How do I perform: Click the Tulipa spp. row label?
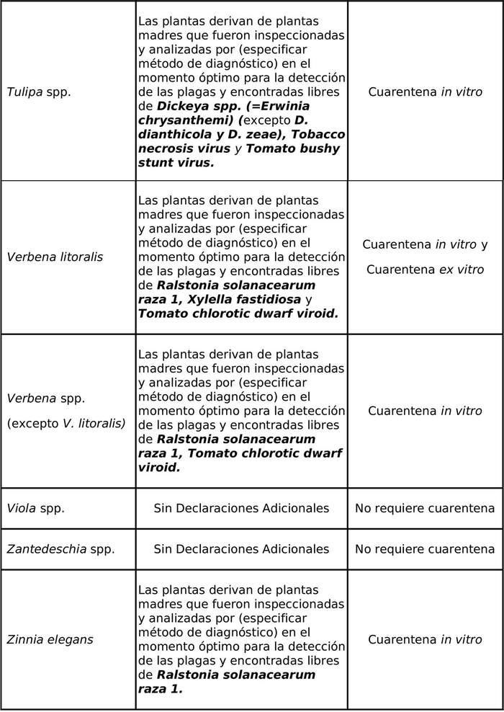pos(39,92)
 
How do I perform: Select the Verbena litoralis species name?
pos(55,257)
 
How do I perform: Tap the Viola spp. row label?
pos(36,508)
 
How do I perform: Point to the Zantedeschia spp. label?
pos(60,549)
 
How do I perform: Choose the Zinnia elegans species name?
pos(50,640)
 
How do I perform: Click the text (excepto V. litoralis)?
pos(66,424)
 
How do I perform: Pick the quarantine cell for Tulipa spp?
pos(425,92)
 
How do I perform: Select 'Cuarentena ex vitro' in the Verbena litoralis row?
pos(425,270)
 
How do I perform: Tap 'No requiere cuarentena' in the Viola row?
pos(425,508)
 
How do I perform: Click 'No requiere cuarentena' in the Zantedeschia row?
pos(425,549)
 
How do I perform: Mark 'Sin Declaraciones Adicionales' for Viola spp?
pos(241,508)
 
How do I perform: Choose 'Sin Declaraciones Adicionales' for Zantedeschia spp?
pos(241,549)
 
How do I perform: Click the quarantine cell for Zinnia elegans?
pos(425,640)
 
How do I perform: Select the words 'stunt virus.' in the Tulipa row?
pos(176,163)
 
